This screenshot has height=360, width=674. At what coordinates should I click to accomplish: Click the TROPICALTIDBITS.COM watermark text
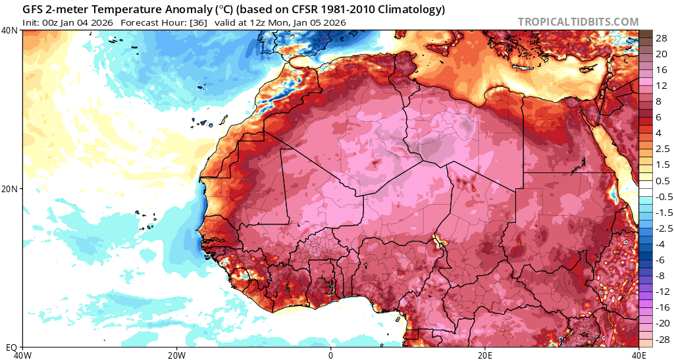coord(578,22)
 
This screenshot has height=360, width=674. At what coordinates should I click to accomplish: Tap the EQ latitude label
coord(11,347)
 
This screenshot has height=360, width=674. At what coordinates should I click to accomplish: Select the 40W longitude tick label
coord(23,355)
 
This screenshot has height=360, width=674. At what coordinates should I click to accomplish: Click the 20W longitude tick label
coord(176,355)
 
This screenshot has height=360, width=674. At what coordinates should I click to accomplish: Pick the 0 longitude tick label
coord(331,355)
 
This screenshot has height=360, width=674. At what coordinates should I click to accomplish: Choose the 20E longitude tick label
coord(485,355)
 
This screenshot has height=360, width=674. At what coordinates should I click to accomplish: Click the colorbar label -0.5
coord(659,197)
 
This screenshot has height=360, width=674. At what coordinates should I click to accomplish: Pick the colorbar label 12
coord(659,86)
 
